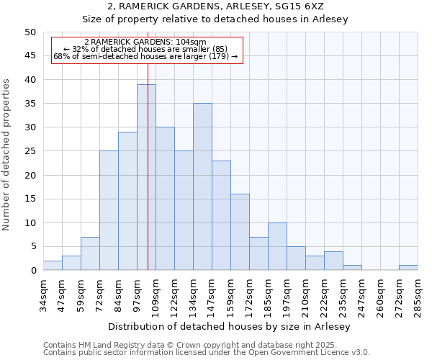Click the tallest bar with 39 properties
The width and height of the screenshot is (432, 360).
click(x=146, y=177)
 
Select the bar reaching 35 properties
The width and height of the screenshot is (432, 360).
click(x=202, y=186)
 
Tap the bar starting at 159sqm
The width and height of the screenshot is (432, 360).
click(x=240, y=232)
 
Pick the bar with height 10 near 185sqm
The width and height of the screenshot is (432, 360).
click(x=277, y=246)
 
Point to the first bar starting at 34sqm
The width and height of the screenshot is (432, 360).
click(x=53, y=266)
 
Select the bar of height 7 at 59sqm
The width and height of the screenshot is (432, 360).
click(x=90, y=253)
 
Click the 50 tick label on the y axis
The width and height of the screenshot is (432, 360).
click(x=30, y=32)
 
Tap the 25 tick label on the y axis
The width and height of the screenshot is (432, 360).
click(x=30, y=151)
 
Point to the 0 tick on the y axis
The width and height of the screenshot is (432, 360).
click(x=33, y=271)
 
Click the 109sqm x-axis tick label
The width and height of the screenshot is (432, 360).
click(x=156, y=296)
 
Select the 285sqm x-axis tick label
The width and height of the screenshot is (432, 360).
click(x=418, y=296)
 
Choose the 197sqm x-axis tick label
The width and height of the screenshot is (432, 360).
click(x=287, y=296)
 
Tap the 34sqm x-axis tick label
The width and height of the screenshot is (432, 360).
click(x=43, y=296)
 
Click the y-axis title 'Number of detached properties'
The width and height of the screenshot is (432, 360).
click(x=7, y=155)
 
